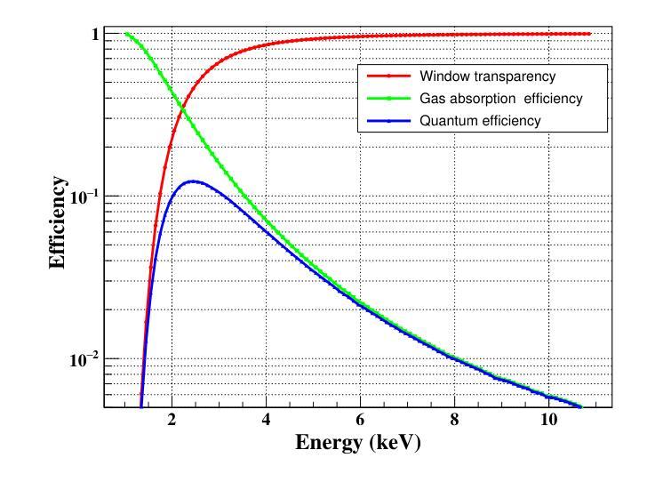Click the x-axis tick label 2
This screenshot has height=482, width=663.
click(172, 421)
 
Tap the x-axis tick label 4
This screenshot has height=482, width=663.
click(266, 421)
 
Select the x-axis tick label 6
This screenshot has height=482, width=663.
click(360, 421)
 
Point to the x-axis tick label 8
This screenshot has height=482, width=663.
click(454, 421)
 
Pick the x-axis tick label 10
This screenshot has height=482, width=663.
click(547, 421)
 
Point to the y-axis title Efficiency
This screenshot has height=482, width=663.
click(58, 222)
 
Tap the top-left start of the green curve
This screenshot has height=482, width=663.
click(125, 34)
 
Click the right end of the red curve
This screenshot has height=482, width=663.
click(588, 34)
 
